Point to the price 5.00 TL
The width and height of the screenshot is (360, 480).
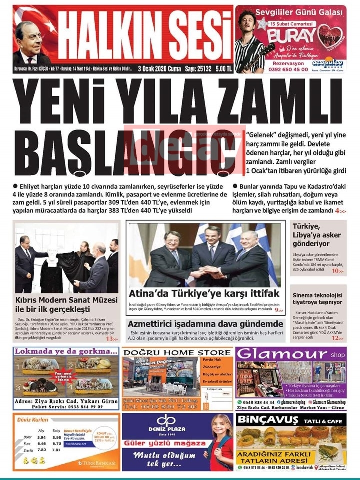click(222, 69)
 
